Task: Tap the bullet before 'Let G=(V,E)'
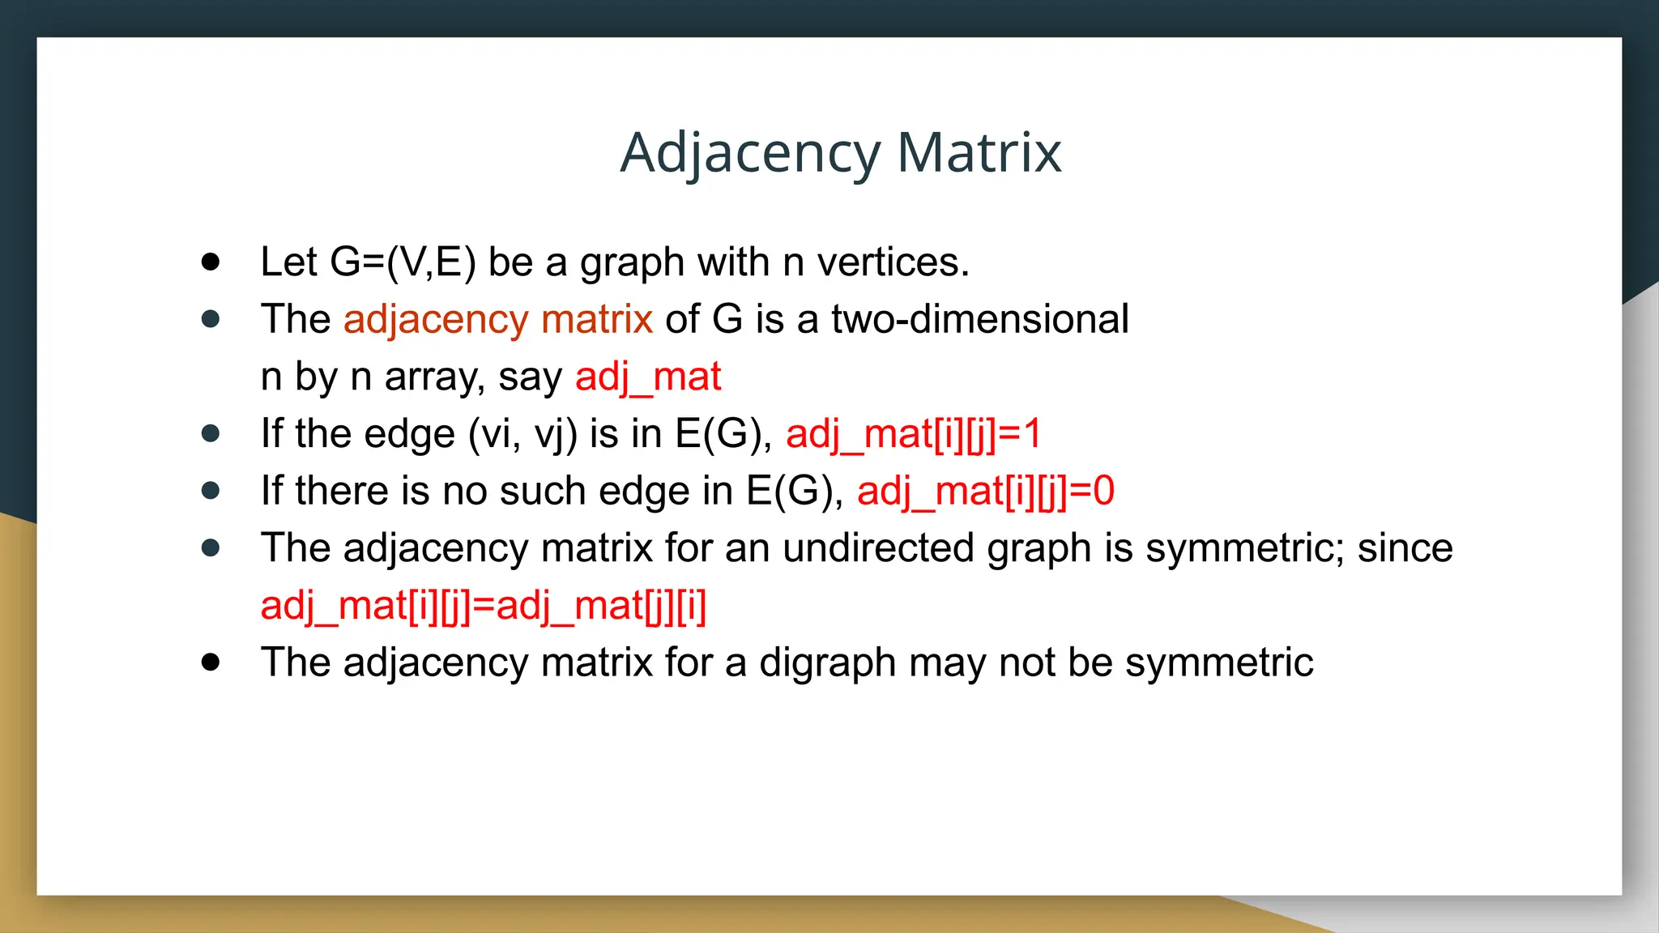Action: click(211, 262)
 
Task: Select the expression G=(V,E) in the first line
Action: click(403, 262)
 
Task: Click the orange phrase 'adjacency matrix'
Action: click(497, 319)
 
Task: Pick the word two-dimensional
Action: click(979, 319)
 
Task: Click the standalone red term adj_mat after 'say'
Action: click(647, 377)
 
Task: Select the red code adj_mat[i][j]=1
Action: click(913, 434)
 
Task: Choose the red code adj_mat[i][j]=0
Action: click(985, 491)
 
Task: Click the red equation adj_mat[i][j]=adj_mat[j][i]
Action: click(483, 606)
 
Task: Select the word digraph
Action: click(827, 663)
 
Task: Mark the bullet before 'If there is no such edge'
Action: click(211, 491)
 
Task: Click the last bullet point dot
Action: click(211, 662)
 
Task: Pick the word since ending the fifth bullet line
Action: click(1405, 548)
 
